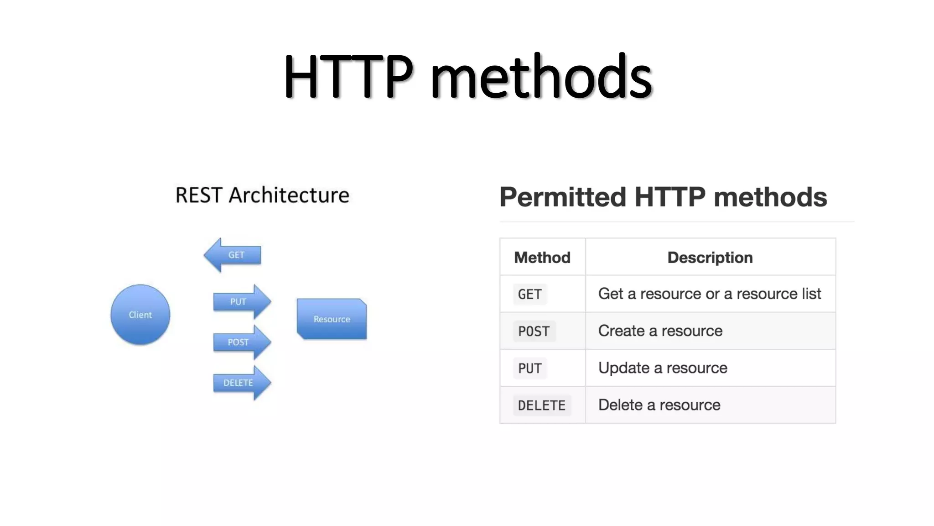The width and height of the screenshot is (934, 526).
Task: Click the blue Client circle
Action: pos(140,315)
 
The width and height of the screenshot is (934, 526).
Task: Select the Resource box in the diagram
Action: pos(332,319)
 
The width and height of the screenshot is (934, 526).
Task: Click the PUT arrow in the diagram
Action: pos(241,302)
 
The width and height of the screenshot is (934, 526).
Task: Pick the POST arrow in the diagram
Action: pos(241,342)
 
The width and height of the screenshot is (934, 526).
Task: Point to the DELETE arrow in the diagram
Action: pos(241,383)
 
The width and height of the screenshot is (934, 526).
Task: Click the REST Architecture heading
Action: pos(262,195)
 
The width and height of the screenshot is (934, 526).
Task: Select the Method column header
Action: pos(542,258)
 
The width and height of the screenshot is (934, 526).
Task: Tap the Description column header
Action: pos(710,258)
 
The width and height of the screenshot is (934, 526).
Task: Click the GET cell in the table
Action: pos(530,295)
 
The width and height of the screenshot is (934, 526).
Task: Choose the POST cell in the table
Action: pos(534,331)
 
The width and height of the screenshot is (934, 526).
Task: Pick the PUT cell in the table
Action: pos(530,368)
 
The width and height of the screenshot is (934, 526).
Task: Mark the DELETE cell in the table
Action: pos(542,405)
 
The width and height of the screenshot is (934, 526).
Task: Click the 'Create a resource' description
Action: pos(660,331)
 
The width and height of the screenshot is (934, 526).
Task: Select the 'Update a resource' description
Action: pos(663,368)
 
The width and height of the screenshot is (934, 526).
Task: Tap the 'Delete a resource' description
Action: pos(659,405)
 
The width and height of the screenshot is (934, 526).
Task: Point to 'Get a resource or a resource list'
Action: pos(710,294)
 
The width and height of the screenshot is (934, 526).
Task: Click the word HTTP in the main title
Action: pos(348,77)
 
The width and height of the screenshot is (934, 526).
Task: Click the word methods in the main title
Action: pos(541,77)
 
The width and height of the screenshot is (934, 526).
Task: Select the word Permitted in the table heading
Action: pos(563,197)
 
